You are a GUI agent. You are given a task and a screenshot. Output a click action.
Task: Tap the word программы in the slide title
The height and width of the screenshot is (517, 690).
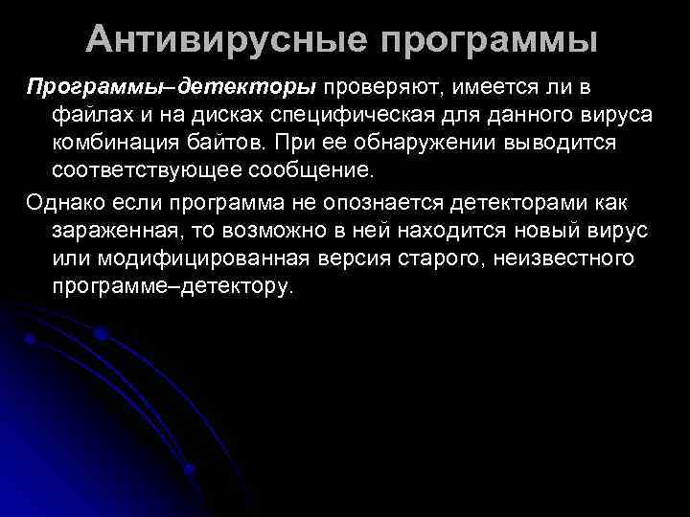click(x=488, y=41)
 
